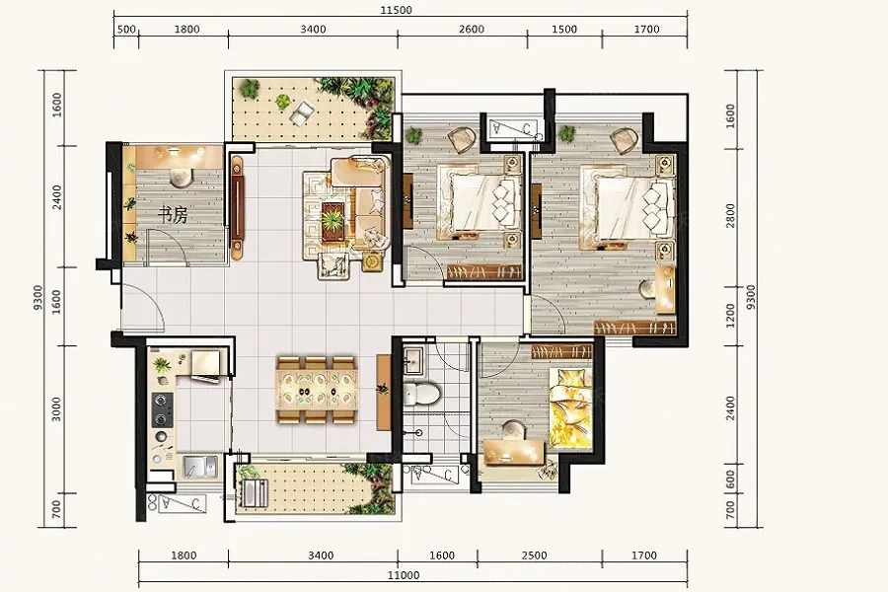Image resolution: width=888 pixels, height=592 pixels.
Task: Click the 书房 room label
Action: pos(172,215)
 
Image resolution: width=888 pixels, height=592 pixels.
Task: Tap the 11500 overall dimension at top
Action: pos(397,10)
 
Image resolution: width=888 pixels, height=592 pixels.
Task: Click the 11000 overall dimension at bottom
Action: pos(404,575)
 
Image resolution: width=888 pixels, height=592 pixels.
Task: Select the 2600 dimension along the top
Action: pos(472,30)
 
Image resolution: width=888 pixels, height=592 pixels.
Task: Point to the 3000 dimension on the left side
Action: pos(56,409)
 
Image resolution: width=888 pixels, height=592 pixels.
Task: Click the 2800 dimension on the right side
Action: pos(730,216)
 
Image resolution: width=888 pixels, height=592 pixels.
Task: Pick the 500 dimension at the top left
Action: pos(125,30)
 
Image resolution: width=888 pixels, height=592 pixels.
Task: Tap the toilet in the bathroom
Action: pos(421,393)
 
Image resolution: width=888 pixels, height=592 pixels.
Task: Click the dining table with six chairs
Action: pos(316,389)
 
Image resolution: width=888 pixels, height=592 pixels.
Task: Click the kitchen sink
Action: pos(200,467)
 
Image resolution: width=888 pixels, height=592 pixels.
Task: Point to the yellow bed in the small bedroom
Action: pos(569,407)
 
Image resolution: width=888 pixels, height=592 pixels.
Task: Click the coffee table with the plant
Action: pos(333,223)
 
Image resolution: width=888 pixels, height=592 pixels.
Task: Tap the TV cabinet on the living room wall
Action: pos(237,203)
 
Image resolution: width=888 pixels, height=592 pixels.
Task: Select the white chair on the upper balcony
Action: pos(302,111)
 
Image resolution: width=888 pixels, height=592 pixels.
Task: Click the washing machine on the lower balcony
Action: pos(254,493)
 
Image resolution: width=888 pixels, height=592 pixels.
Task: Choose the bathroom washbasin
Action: pos(414,359)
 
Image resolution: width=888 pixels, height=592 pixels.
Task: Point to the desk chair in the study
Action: pos(181,178)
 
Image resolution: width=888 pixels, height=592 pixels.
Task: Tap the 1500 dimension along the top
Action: pos(564,30)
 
